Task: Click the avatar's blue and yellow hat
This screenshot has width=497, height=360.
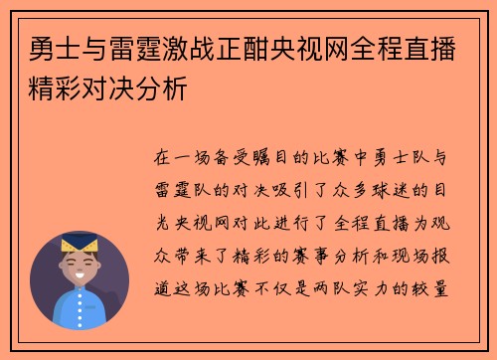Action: point(80,243)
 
